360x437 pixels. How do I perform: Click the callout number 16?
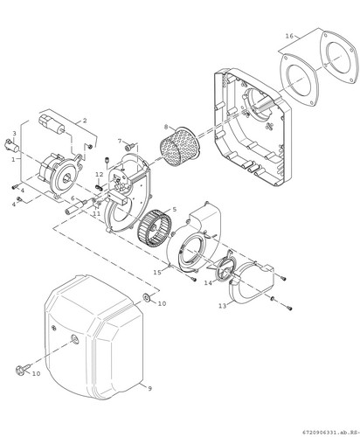289,36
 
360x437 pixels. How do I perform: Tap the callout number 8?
166,127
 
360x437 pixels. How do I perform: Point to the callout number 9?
149,389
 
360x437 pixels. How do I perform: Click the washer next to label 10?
146,297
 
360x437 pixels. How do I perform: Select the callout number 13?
222,306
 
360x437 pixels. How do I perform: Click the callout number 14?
208,282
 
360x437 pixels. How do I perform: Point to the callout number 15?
157,273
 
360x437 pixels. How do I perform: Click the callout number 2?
85,121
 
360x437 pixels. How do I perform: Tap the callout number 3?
14,133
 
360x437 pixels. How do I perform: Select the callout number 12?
100,174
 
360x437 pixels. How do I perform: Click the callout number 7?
120,141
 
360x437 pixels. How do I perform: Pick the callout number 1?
13,159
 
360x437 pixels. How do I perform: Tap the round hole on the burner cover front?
75,339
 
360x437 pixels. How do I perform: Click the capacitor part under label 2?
52,123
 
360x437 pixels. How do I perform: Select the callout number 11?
96,213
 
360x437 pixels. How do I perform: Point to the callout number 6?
73,198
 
